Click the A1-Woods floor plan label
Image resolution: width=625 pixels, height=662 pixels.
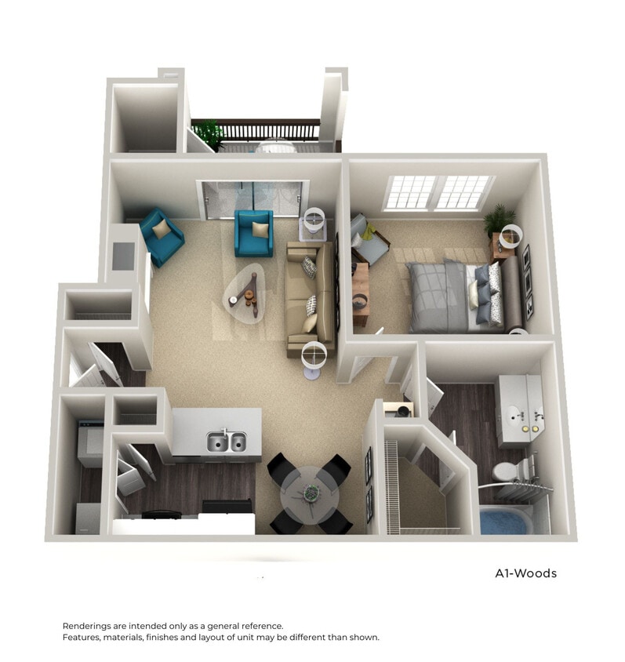point(525,573)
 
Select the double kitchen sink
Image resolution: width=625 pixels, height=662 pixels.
point(226,442)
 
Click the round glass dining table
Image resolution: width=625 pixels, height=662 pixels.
point(310,490)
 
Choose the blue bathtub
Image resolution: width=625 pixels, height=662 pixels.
point(505,520)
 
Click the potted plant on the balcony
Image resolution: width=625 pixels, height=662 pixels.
point(210,133)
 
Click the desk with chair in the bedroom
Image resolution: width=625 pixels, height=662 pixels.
point(360,289)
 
